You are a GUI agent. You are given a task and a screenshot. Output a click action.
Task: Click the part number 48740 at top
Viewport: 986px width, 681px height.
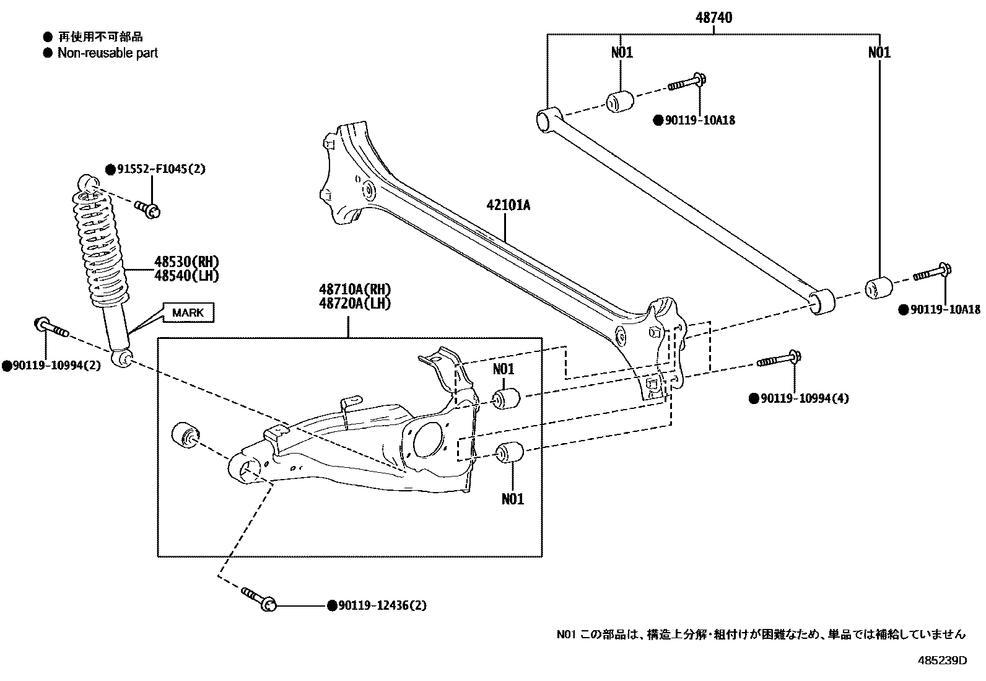click(713, 18)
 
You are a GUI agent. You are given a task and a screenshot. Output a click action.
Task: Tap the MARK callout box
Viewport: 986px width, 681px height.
click(188, 312)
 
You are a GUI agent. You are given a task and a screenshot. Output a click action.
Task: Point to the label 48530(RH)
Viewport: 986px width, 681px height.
click(186, 262)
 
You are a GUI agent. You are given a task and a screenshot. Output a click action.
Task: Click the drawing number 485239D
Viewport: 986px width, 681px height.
click(941, 660)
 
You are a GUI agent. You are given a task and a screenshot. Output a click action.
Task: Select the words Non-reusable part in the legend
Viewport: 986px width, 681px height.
click(107, 53)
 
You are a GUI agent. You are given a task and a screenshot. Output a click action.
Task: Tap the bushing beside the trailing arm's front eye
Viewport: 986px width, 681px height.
click(183, 434)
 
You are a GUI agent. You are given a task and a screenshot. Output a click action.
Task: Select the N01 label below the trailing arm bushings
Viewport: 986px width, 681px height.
click(512, 498)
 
